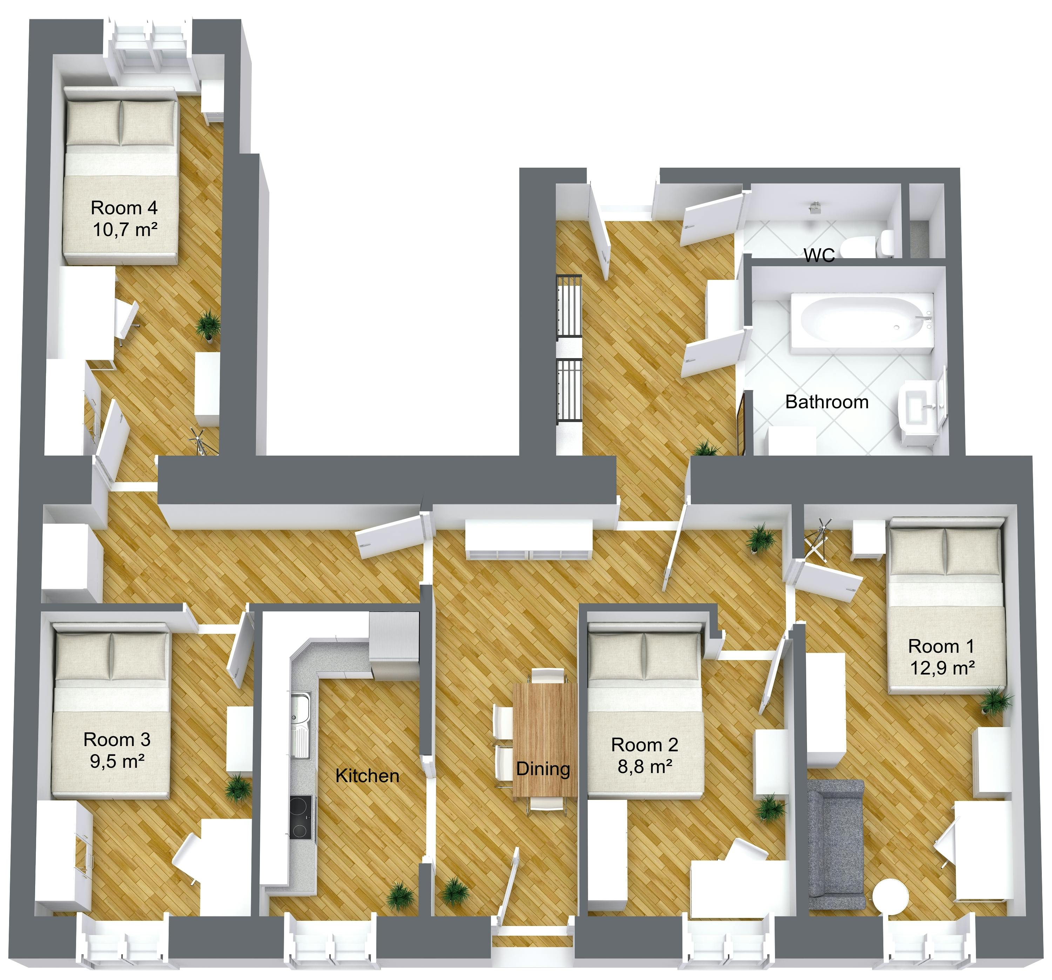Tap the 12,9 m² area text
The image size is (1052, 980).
click(943, 667)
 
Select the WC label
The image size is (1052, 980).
click(819, 255)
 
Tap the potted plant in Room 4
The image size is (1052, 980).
click(209, 325)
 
